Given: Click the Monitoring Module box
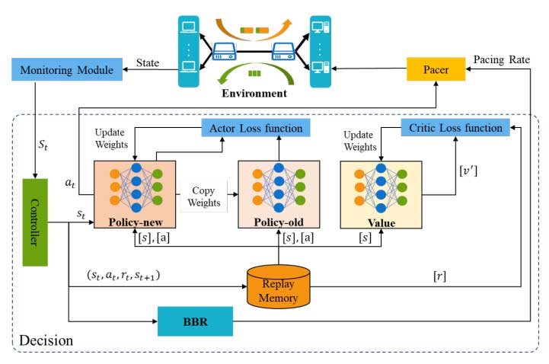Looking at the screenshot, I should coord(62,70).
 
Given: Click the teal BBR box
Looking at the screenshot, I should coord(194,321).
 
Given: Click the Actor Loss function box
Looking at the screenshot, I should coord(252,129).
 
